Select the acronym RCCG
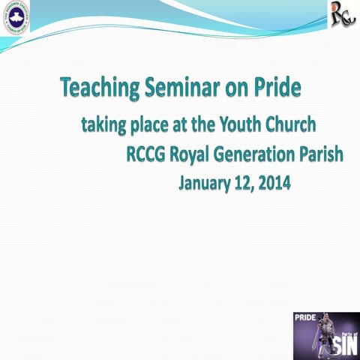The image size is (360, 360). point(147,155)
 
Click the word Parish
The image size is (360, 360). point(321,155)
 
